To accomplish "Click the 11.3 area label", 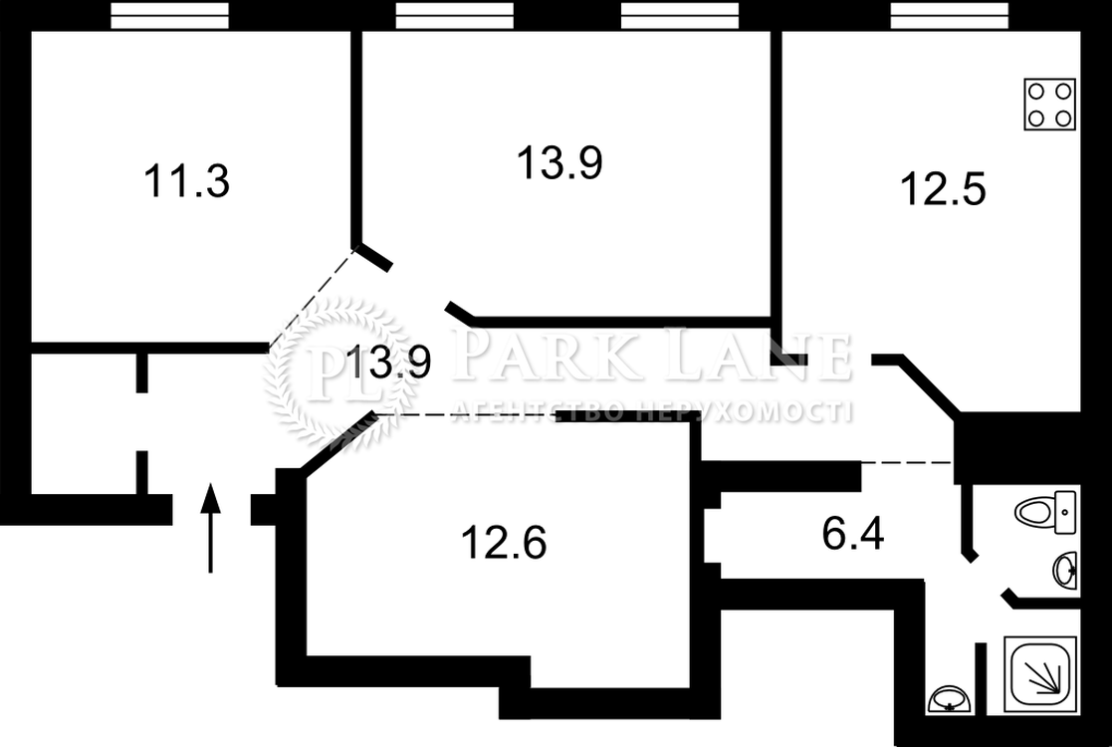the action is coord(186,180).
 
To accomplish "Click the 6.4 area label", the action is coord(853,534).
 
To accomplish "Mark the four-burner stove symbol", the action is coord(1049,105).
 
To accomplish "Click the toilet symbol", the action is coord(1045,512).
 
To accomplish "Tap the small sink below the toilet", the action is coord(1065,570).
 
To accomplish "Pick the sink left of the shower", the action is coord(948,699).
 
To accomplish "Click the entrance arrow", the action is coord(210,528).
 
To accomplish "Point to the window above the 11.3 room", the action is coord(169,15).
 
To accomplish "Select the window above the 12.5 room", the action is coord(950,15).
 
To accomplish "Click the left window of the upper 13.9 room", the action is coord(454,15).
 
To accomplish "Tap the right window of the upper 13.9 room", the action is coord(679,15).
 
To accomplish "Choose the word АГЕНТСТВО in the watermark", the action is coord(538,411).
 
